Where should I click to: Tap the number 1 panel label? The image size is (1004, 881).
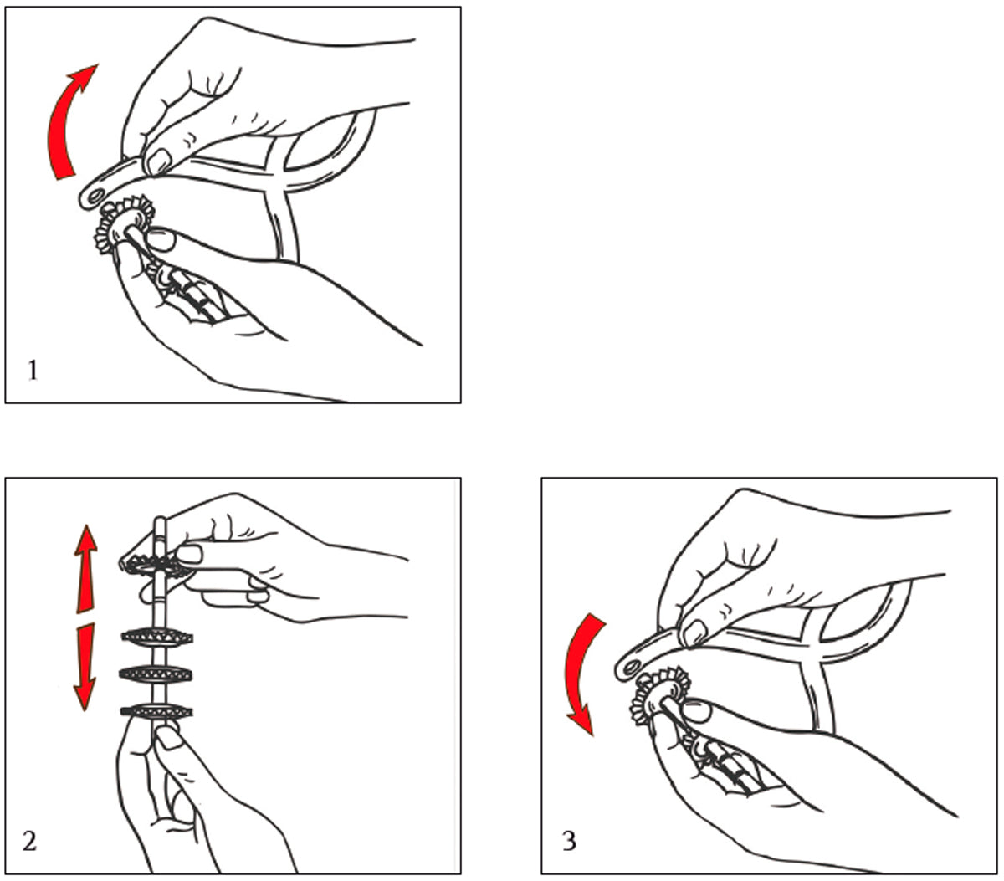pyautogui.click(x=33, y=371)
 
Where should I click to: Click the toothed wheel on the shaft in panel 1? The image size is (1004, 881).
pyautogui.click(x=124, y=224)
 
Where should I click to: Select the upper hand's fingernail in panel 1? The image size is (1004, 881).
pyautogui.click(x=159, y=161)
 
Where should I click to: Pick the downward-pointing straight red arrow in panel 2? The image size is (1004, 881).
pyautogui.click(x=85, y=667)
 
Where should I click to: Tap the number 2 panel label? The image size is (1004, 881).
pyautogui.click(x=29, y=840)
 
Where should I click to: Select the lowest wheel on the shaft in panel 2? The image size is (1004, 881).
pyautogui.click(x=156, y=712)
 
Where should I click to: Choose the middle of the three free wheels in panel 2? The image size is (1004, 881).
pyautogui.click(x=156, y=674)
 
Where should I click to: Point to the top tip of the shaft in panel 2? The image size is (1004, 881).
pyautogui.click(x=160, y=518)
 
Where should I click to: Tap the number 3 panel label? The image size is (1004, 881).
pyautogui.click(x=569, y=840)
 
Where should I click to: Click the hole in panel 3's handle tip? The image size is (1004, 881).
pyautogui.click(x=630, y=667)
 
